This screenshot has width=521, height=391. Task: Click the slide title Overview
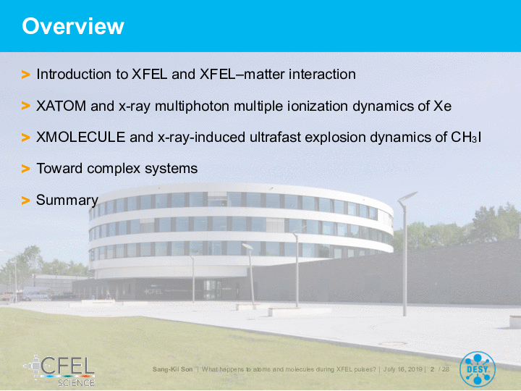pyautogui.click(x=73, y=26)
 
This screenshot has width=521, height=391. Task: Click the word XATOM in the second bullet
pyautogui.click(x=61, y=106)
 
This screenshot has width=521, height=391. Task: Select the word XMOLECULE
pyautogui.click(x=81, y=137)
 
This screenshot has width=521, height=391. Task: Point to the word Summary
pyautogui.click(x=67, y=200)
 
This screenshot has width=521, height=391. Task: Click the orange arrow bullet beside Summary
pyautogui.click(x=25, y=201)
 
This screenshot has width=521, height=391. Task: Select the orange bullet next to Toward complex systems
pyautogui.click(x=25, y=169)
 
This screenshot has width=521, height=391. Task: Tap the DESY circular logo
pyautogui.click(x=478, y=369)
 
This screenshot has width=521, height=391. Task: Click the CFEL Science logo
pyautogui.click(x=59, y=371)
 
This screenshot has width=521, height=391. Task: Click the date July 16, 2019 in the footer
pyautogui.click(x=403, y=369)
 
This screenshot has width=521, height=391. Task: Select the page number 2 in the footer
pyautogui.click(x=432, y=369)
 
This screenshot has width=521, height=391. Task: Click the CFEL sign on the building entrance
pyautogui.click(x=154, y=292)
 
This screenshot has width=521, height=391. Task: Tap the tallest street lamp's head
pyautogui.click(x=407, y=196)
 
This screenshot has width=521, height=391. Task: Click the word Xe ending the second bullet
pyautogui.click(x=443, y=106)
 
